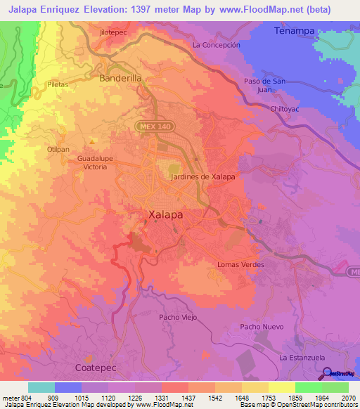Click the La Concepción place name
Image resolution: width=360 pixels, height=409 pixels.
(x=216, y=44)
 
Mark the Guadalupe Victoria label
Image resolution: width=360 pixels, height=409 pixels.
(x=96, y=163)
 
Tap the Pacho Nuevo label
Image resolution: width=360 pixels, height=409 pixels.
(x=261, y=327)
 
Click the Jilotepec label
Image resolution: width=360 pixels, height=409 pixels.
(x=115, y=32)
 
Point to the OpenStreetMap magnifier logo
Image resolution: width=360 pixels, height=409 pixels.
(x=327, y=373)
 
